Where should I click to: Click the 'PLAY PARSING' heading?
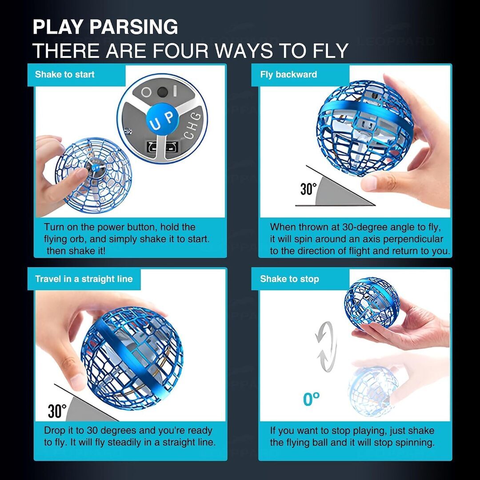[x=105, y=27]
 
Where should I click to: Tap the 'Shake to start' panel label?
[x=64, y=74]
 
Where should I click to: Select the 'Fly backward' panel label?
[x=288, y=74]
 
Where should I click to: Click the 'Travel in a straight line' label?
[x=84, y=279]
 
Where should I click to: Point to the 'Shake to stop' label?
[x=290, y=279]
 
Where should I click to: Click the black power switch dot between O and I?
[x=162, y=92]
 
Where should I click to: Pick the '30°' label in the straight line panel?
[x=57, y=411]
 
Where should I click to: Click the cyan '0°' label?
[x=311, y=399]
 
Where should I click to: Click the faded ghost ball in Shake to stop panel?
[x=373, y=392]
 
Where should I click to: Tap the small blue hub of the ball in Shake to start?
[x=96, y=168]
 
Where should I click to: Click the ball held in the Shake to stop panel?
[x=372, y=303]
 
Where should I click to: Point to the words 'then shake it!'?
[x=76, y=251]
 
